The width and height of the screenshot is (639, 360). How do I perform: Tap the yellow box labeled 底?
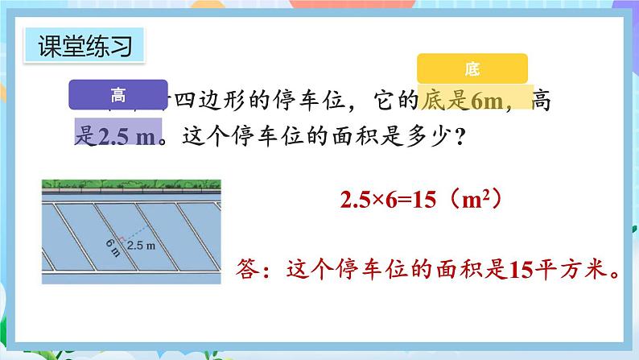click(472, 69)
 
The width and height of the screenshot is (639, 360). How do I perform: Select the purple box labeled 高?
click(118, 95)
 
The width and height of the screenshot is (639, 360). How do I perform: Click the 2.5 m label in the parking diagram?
click(140, 245)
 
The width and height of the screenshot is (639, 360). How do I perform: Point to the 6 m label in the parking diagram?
click(113, 246)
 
